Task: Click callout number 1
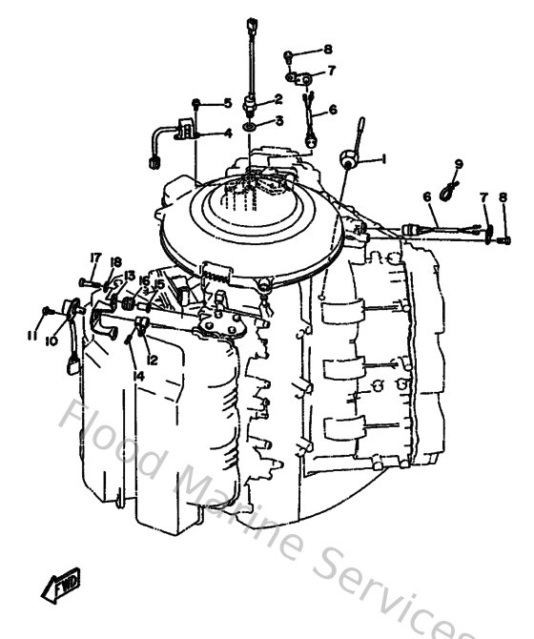click(x=382, y=157)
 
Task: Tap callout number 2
click(x=278, y=99)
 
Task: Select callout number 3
click(x=278, y=120)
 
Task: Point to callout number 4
click(x=228, y=134)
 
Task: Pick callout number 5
click(x=228, y=103)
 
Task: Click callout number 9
click(x=459, y=163)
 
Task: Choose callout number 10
click(x=51, y=340)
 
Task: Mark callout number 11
click(x=32, y=336)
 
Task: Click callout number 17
click(x=95, y=258)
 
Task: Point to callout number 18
click(x=115, y=262)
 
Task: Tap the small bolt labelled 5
click(x=196, y=103)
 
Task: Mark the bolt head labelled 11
click(x=47, y=311)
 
